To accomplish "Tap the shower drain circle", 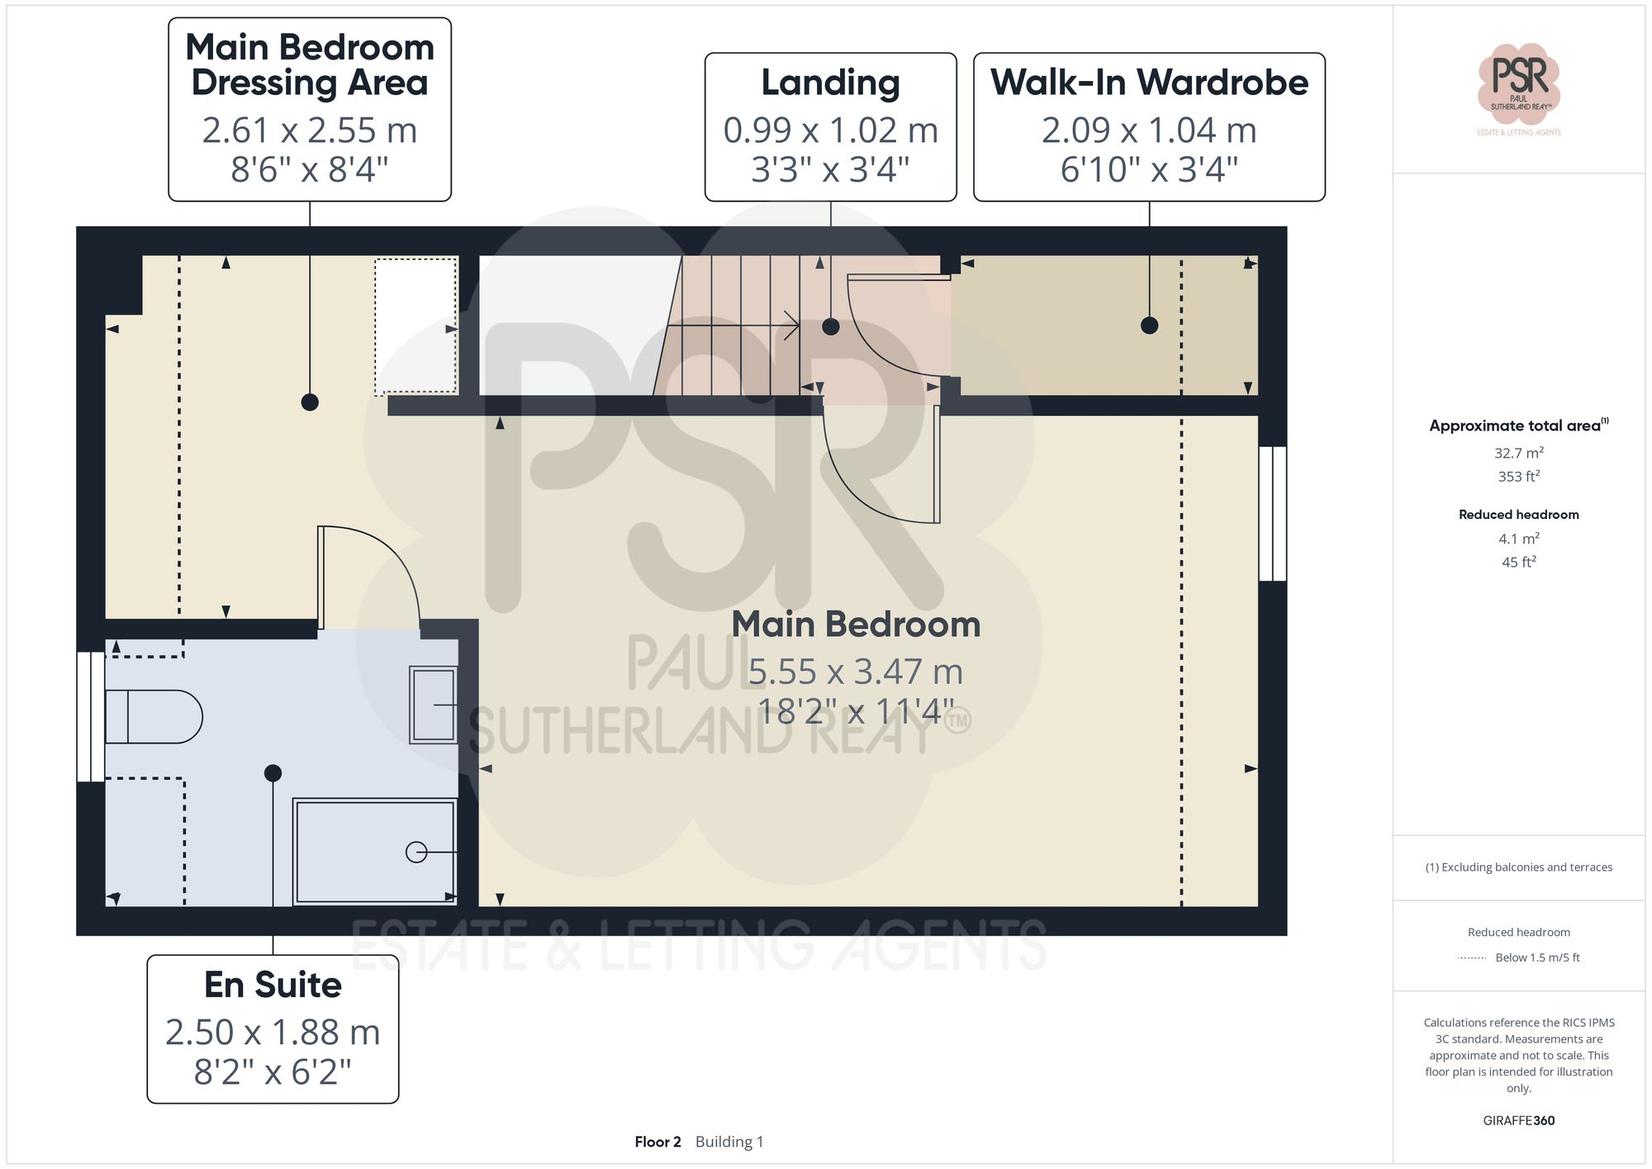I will [x=416, y=852].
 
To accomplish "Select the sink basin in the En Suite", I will [x=434, y=705].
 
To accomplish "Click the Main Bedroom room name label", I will [x=856, y=625].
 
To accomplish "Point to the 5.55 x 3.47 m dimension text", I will [x=856, y=672].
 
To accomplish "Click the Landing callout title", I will [x=830, y=83].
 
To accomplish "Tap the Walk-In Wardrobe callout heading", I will [x=1149, y=83].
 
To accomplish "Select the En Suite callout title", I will [x=273, y=985].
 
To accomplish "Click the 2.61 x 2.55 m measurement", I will [x=310, y=131].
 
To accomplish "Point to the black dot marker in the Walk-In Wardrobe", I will [x=1149, y=326].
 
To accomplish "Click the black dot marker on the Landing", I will [x=831, y=326].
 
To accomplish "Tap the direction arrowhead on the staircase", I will [x=792, y=326].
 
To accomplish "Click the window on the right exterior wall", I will [x=1273, y=513].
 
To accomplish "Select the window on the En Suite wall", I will [x=91, y=716].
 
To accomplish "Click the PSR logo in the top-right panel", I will [x=1518, y=83].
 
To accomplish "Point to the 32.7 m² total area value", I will [x=1518, y=453].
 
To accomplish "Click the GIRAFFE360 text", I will [x=1518, y=1120].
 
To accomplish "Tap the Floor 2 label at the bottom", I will [x=657, y=1142].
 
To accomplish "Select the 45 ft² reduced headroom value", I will [x=1518, y=562].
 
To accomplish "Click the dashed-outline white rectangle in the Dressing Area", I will [x=415, y=326].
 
